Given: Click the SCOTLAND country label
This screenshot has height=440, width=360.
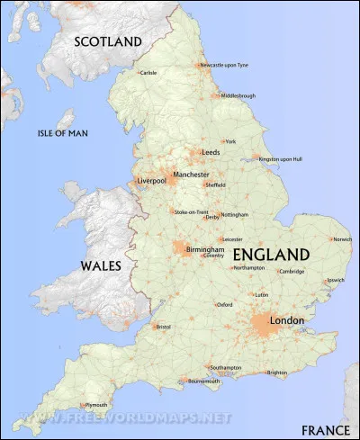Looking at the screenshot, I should click(108, 41).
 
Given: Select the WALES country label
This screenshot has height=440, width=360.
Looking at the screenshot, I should click(101, 266).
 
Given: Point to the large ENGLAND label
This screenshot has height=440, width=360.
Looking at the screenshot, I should click(271, 255).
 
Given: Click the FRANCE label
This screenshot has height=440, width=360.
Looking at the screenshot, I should click(326, 429).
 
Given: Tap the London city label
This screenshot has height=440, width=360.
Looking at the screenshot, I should click(287, 320).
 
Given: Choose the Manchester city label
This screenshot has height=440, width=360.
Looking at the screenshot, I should click(191, 175).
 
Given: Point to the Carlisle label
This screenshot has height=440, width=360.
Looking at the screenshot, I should click(148, 73).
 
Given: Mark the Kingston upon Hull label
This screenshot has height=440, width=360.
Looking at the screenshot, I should click(281, 159).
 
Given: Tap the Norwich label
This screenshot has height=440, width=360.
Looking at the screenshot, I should click(343, 239).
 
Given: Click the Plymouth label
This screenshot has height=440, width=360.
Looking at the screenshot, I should click(96, 405).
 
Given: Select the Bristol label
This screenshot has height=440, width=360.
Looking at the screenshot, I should click(163, 327).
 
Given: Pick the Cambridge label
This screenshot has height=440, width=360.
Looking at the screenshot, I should click(292, 271).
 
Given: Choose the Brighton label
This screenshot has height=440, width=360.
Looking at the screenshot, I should click(277, 373).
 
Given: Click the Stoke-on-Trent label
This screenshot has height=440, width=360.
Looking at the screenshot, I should click(190, 211).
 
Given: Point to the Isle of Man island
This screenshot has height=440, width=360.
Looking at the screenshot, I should click(63, 120).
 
